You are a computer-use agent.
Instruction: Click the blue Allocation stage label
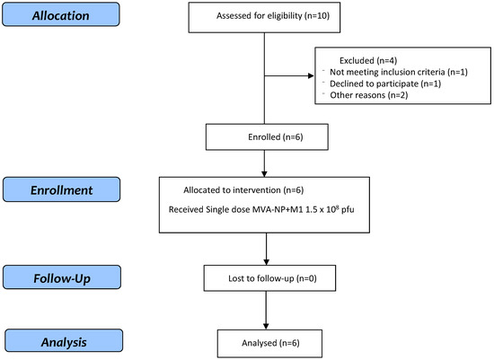(x=61, y=14)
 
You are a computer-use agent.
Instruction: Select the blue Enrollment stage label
(x=61, y=189)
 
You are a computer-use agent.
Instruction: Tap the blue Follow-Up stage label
(x=62, y=277)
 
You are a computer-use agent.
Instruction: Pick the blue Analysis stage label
(x=64, y=341)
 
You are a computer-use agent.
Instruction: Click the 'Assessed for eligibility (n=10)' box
(x=264, y=17)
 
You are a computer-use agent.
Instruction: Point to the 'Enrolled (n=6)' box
(x=267, y=136)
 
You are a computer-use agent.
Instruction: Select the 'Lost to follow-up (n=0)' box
(x=269, y=278)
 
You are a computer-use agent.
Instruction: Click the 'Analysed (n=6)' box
(x=269, y=344)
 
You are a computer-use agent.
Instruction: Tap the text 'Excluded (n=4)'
(x=368, y=60)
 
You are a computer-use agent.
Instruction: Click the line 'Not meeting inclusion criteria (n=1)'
(x=399, y=72)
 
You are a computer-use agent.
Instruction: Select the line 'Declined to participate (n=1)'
(x=385, y=83)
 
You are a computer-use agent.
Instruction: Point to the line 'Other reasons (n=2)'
(x=368, y=95)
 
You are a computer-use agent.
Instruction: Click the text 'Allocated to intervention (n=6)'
(x=243, y=190)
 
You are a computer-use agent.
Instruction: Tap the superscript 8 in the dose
(x=337, y=206)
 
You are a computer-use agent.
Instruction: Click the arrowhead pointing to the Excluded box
(x=311, y=75)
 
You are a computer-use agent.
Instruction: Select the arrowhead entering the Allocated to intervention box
(x=264, y=174)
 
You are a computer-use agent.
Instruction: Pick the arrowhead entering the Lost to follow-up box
(x=266, y=262)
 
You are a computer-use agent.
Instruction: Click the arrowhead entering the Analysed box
(x=266, y=327)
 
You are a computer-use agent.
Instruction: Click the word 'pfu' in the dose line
(x=348, y=210)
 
